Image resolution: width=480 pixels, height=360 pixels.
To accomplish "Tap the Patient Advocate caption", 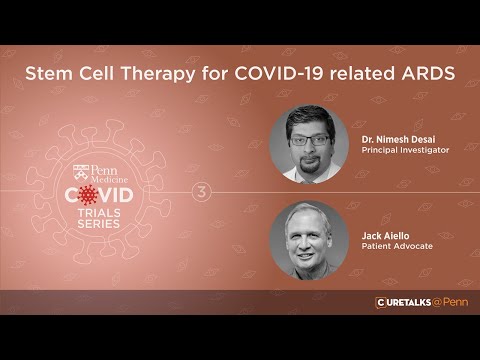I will tap(397, 246).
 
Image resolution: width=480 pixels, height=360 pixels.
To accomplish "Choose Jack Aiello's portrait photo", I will tap(309, 240).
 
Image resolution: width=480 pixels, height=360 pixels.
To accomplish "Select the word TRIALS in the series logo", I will tap(104, 211).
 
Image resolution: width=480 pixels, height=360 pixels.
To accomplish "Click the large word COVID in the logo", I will tap(104, 194).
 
